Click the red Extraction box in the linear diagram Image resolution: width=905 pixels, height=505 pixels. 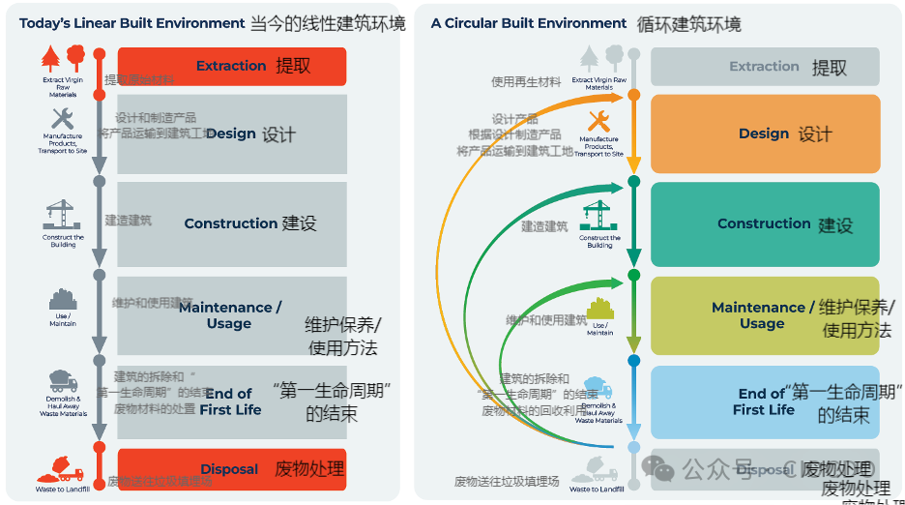231,66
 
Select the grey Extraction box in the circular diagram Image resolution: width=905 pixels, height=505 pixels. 764,67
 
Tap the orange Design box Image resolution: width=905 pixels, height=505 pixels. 764,134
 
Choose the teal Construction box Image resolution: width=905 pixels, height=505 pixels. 764,223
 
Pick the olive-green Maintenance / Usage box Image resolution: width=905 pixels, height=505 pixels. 764,315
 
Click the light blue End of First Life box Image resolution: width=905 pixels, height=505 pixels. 764,401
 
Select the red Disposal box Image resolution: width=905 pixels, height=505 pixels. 231,469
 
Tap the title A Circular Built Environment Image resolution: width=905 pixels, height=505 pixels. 529,22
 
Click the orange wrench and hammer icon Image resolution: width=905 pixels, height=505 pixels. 598,121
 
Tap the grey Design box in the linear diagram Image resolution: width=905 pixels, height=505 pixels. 231,134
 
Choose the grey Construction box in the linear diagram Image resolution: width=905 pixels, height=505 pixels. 231,223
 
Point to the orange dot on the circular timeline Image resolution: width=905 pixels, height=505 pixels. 634,95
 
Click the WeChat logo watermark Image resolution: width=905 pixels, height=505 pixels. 661,469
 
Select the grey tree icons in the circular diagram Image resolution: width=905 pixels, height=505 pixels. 599,59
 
